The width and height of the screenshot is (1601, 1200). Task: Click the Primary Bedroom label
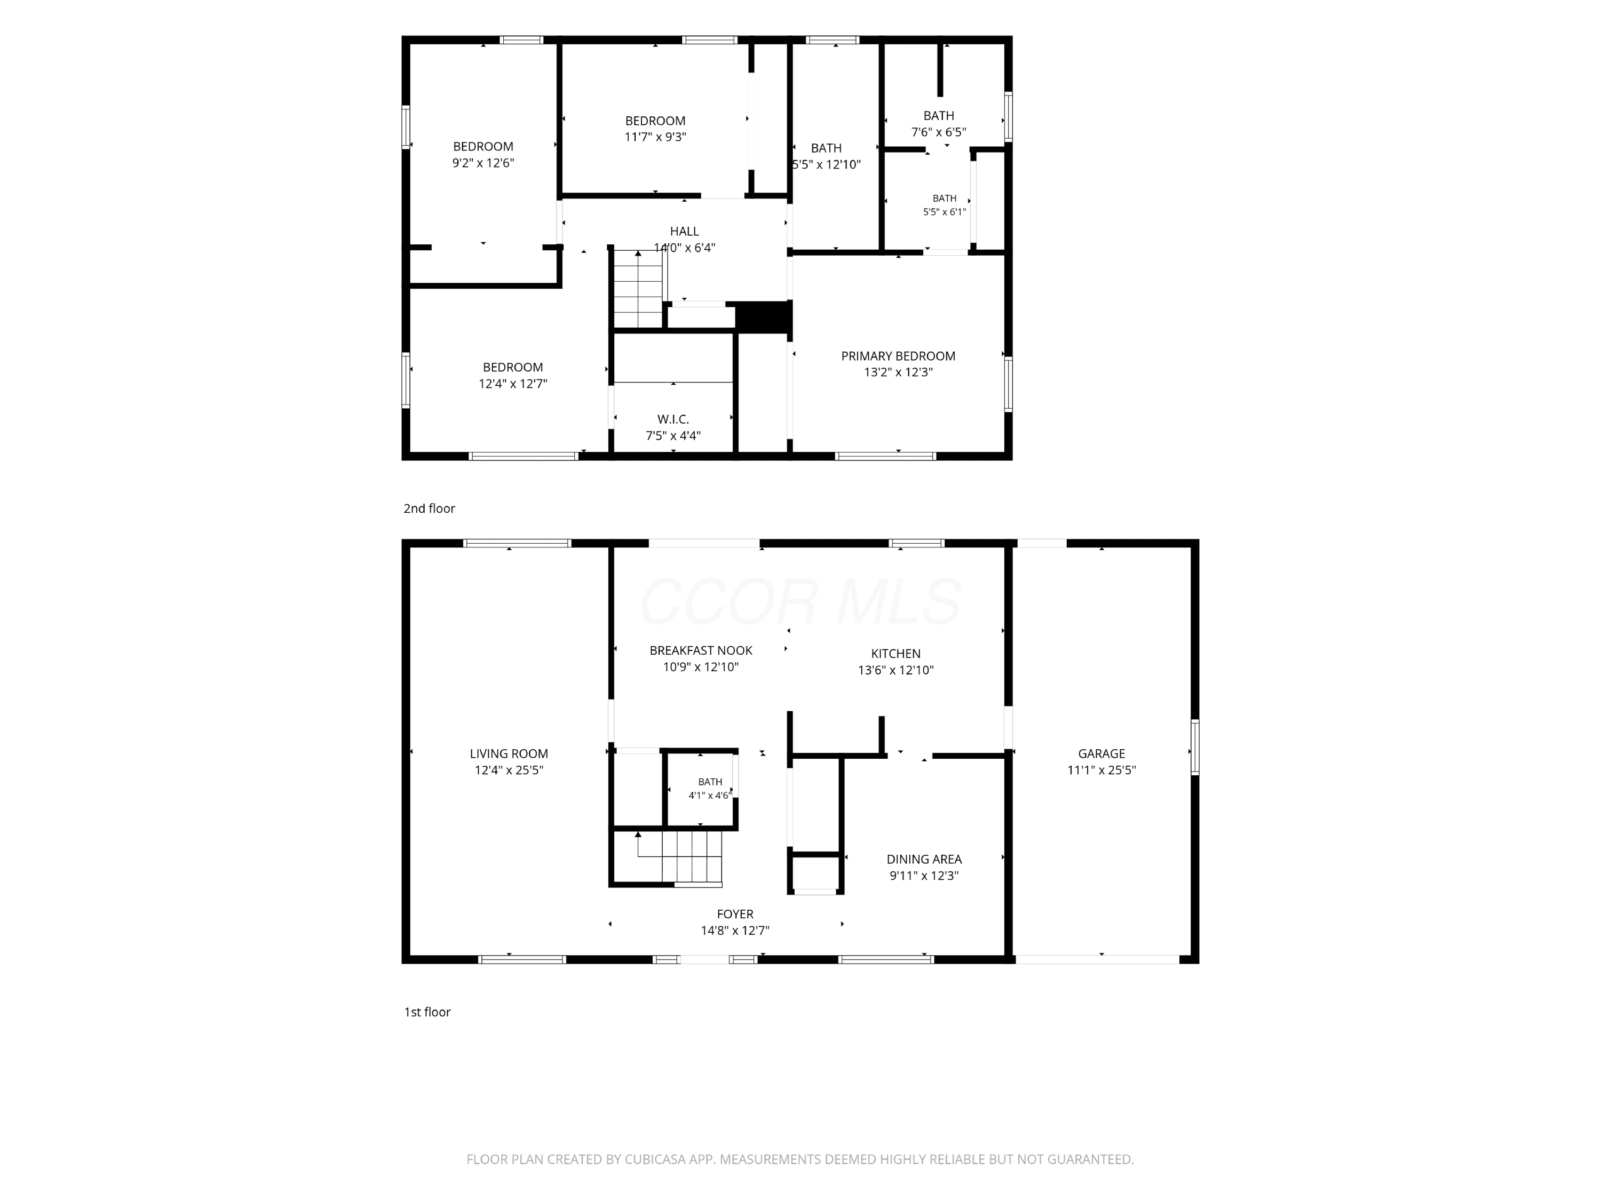point(898,356)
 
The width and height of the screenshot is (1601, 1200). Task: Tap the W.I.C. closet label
point(673,419)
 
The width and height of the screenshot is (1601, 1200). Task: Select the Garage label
point(1101,753)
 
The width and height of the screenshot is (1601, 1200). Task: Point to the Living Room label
point(509,753)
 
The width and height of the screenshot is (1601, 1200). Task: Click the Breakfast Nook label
point(701,650)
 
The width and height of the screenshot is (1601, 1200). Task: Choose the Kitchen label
point(895,654)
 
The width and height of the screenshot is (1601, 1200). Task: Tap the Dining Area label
point(924,859)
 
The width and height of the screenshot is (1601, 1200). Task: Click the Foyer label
point(735,914)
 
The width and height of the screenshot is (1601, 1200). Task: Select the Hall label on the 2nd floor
point(684,232)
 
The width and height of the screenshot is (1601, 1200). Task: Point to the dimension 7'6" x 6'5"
point(938,132)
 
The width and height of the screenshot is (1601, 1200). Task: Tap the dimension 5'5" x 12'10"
point(827,164)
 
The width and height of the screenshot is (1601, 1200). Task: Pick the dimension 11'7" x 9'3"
point(655,137)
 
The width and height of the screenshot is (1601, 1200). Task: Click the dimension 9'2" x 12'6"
point(483,163)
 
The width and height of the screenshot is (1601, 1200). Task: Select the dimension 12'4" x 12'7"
point(512,384)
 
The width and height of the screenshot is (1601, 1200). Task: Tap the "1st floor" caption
point(427,1012)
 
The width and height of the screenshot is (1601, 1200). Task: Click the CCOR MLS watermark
point(800,601)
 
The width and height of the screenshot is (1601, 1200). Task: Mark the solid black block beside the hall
point(764,317)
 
